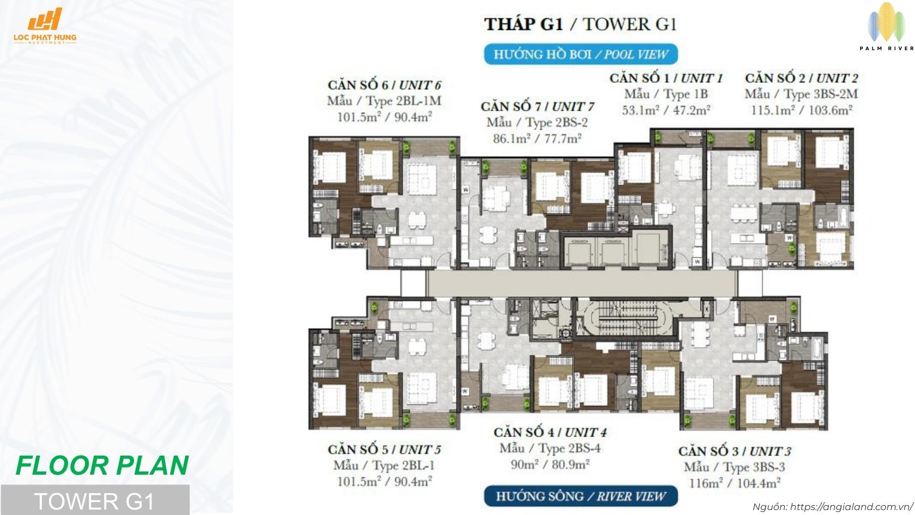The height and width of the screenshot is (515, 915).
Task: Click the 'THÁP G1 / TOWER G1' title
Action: click(x=581, y=25)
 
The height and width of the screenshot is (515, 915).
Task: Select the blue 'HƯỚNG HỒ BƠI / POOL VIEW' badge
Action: click(x=581, y=54)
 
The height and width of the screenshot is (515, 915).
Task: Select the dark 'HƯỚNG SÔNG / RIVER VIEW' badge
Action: click(x=581, y=496)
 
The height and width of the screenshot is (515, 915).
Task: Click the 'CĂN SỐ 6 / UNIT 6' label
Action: click(x=384, y=85)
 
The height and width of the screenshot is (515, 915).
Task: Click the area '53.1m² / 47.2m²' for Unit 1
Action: click(x=666, y=111)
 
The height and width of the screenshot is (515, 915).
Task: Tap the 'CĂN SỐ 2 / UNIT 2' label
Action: click(x=801, y=78)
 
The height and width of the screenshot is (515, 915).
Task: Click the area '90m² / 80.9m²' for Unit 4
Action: click(x=550, y=464)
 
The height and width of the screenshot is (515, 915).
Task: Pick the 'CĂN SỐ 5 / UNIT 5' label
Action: click(x=384, y=450)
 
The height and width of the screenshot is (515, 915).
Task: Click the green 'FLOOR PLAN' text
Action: click(x=102, y=465)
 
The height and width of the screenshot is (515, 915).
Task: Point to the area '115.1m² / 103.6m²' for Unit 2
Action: click(x=801, y=110)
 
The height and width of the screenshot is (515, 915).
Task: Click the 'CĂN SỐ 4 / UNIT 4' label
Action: click(x=550, y=433)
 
